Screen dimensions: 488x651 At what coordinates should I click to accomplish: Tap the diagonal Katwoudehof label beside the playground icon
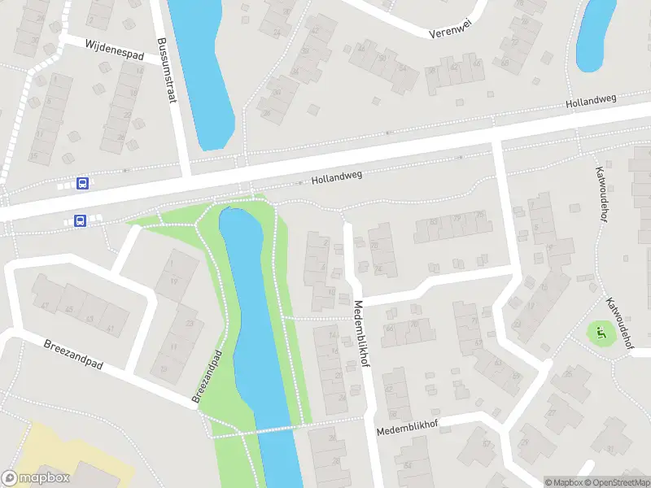[620, 321]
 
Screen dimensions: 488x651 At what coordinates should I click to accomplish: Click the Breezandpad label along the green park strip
[208, 377]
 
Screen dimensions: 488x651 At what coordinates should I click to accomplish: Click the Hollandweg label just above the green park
[336, 176]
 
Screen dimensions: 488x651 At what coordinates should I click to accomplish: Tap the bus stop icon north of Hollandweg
[82, 183]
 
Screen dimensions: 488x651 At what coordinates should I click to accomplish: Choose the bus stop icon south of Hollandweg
[81, 220]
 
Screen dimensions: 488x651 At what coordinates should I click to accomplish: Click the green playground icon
[601, 332]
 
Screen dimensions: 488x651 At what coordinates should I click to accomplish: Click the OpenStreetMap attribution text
[617, 482]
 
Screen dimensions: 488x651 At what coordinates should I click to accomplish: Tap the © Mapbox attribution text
[563, 482]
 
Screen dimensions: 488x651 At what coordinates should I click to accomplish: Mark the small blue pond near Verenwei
[596, 34]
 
